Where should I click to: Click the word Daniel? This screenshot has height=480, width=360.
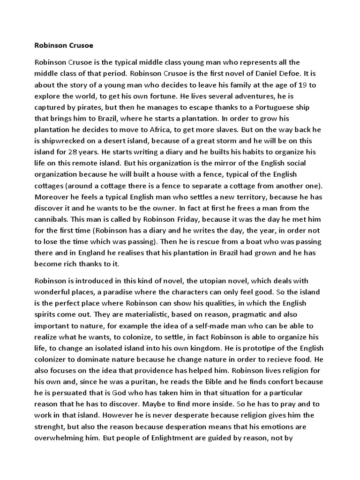pos(268,74)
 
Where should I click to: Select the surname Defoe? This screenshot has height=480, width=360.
pos(294,74)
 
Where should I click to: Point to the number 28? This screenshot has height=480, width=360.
pos(85,152)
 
